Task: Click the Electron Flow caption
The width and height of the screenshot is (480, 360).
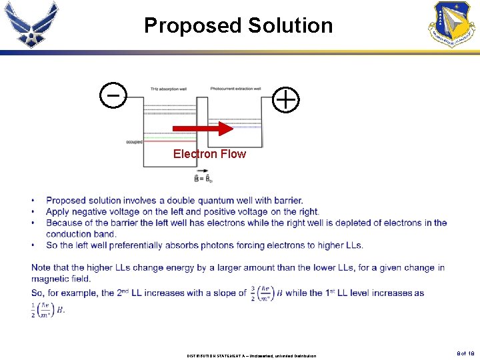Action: (209, 154)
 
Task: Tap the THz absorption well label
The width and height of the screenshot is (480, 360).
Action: (168, 89)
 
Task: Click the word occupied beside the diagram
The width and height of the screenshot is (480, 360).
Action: (134, 142)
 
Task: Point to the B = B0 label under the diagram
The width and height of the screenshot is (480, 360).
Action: (203, 179)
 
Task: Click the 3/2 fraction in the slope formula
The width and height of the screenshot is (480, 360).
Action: (253, 293)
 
